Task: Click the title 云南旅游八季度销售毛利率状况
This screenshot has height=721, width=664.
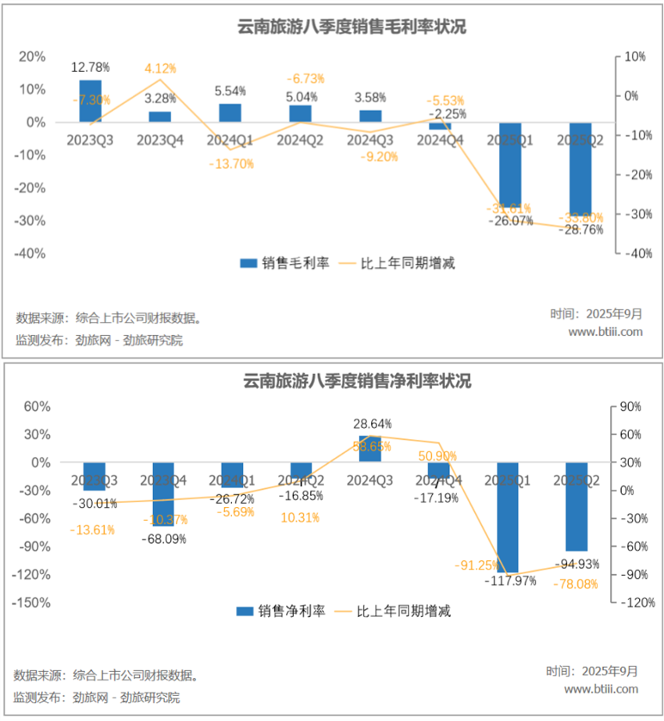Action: (x=331, y=27)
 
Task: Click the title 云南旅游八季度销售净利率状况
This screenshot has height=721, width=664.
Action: (x=331, y=382)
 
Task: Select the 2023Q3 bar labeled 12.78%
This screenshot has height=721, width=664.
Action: (x=90, y=101)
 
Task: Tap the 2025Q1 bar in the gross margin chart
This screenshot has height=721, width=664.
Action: (x=509, y=163)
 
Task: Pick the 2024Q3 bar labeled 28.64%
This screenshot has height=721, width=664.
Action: (x=369, y=448)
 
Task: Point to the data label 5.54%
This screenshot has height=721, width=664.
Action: (x=230, y=91)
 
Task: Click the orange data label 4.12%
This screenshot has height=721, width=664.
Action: (x=160, y=69)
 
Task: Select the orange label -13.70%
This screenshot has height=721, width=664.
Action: (x=231, y=164)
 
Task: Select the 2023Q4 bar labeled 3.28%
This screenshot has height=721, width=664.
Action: (x=160, y=116)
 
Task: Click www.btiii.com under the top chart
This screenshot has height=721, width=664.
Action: (x=605, y=331)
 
